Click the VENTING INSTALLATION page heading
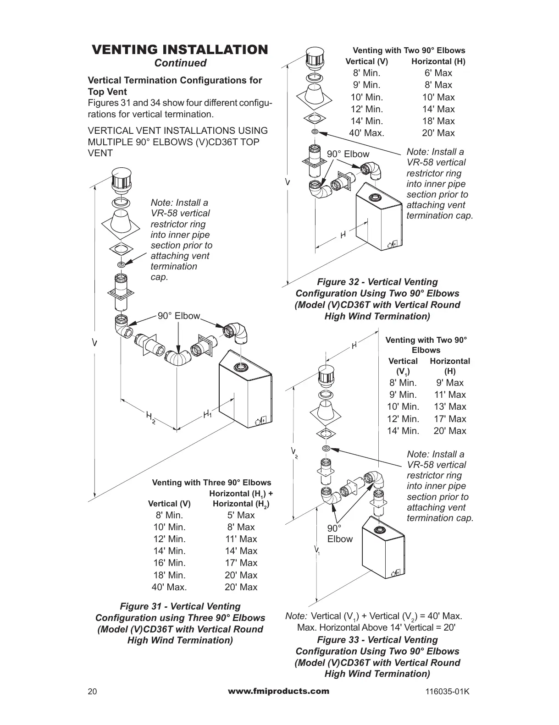coord(180,49)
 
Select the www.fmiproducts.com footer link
coord(278,691)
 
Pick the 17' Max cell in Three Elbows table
coord(241,563)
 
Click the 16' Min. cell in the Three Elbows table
coord(169,563)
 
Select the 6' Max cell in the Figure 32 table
coord(438,73)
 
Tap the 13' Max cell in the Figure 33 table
coord(450,406)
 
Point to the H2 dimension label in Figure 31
coord(150,417)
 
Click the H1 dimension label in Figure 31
coord(207,415)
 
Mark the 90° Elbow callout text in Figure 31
coord(179,316)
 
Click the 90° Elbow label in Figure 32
coord(348,154)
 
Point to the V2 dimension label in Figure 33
coord(294,453)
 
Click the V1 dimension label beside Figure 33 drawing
coord(317,549)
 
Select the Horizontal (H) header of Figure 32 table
coord(438,61)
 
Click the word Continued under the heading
coord(180,63)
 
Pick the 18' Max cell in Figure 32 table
coord(438,121)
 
